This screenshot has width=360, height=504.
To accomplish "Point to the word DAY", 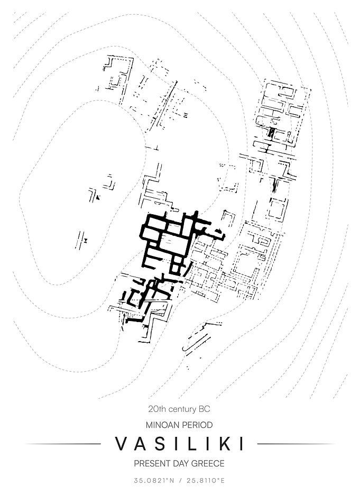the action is coord(181,463).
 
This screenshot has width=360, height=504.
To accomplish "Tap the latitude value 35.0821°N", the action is coord(154,481).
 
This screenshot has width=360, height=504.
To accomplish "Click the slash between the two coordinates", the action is coord(180,481).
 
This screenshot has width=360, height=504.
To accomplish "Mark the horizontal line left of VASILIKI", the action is coord(63,444).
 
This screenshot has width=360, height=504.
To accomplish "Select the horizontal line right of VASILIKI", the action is coord(296,444).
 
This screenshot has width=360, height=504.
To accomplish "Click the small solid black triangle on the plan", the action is coord(97,197).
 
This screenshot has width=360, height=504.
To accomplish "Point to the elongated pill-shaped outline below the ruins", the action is coord(197,342).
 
